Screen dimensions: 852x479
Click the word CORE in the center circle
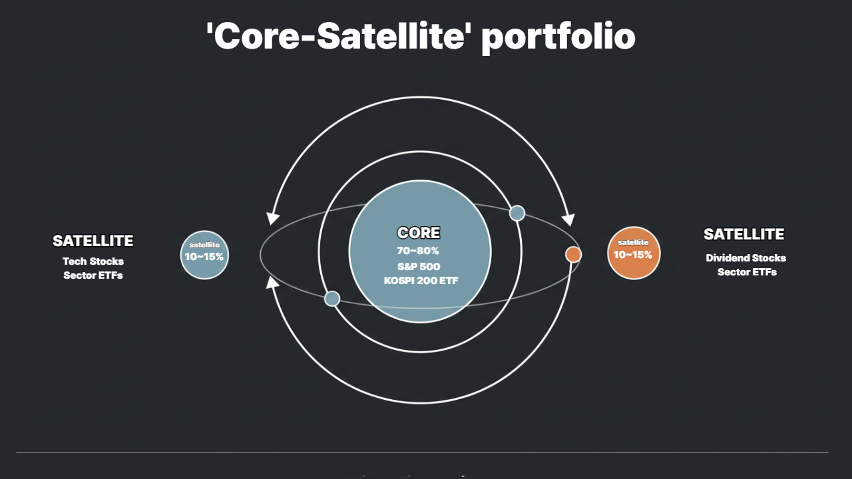[419, 233]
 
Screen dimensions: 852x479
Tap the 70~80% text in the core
[418, 251]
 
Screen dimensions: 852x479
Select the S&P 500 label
[419, 266]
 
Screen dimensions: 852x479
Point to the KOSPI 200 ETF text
[421, 281]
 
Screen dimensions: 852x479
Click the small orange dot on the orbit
[573, 254]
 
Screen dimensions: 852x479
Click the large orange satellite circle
[634, 253]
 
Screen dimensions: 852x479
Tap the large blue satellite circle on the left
[204, 254]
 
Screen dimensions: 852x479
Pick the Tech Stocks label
[93, 261]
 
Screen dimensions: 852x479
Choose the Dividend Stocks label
[746, 258]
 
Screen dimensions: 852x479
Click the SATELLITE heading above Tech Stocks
[93, 241]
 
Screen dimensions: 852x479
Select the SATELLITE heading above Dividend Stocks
[744, 234]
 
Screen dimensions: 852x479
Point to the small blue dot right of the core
[517, 213]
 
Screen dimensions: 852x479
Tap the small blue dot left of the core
[332, 299]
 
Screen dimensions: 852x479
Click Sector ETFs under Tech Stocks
[93, 275]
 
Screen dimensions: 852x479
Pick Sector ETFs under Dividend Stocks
[747, 272]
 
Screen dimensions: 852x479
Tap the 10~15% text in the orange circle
[633, 255]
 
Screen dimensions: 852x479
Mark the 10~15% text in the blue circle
[204, 256]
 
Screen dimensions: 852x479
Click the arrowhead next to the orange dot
[568, 220]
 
